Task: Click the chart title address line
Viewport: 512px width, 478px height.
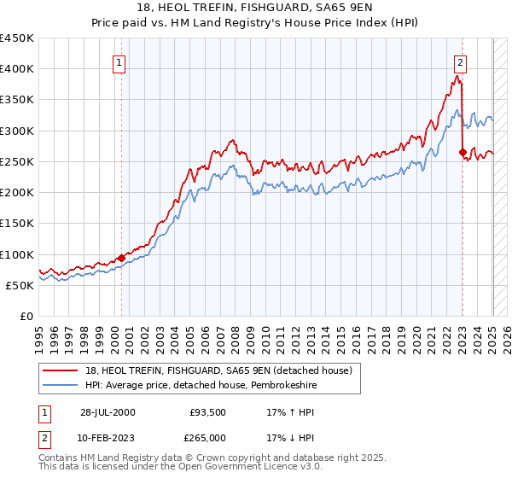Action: [x=256, y=10]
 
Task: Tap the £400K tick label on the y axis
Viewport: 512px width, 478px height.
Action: [x=17, y=69]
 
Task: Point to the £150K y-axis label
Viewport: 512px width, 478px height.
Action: [x=17, y=224]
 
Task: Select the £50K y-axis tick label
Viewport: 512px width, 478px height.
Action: [x=20, y=285]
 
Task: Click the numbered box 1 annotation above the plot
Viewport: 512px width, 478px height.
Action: [x=119, y=62]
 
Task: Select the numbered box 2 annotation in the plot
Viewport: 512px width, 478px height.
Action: [x=460, y=62]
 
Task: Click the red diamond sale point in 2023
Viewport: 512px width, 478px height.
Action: [x=463, y=153]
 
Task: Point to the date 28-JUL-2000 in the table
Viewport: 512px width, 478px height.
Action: [x=108, y=412]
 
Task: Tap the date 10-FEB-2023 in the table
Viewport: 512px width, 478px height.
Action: [x=108, y=437]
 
